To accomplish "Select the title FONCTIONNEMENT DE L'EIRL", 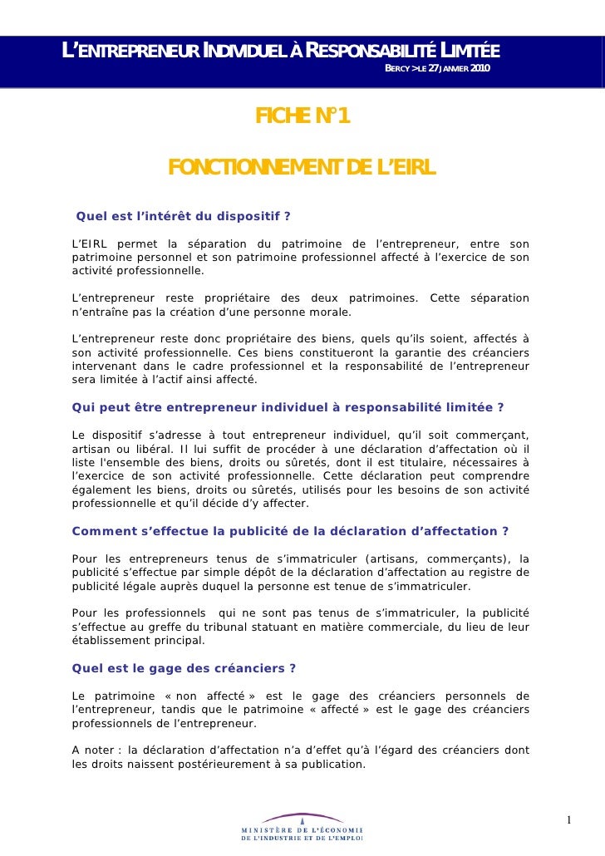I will click(x=302, y=169).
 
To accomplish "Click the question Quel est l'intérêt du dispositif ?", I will click(x=183, y=218).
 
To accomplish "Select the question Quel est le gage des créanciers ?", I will click(x=184, y=668).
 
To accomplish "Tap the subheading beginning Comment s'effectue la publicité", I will click(x=290, y=532).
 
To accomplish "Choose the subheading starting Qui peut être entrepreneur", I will click(x=288, y=407).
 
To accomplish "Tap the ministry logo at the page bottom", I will click(x=302, y=828).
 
